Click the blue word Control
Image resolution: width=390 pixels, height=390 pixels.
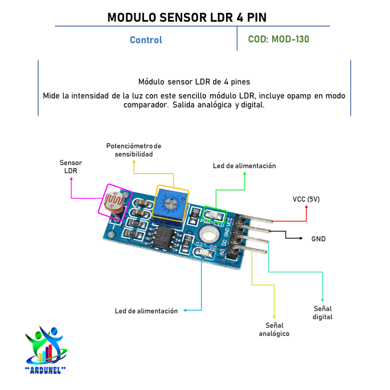pyautogui.click(x=146, y=40)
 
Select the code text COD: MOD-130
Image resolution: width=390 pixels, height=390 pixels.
pyautogui.click(x=278, y=39)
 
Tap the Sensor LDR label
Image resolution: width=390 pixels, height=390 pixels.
pyautogui.click(x=71, y=167)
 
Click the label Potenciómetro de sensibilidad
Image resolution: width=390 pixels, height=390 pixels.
pyautogui.click(x=134, y=150)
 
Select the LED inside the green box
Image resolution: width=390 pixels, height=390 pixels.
pyautogui.click(x=215, y=214)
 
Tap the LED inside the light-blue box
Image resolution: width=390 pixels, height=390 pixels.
pyautogui.click(x=202, y=252)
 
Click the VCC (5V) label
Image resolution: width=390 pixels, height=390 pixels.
pyautogui.click(x=306, y=199)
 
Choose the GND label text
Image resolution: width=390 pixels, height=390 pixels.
pyautogui.click(x=318, y=239)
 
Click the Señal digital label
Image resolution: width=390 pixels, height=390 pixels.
pyautogui.click(x=323, y=313)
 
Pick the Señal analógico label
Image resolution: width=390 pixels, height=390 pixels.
pyautogui.click(x=274, y=330)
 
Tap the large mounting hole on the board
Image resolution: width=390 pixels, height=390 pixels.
pyautogui.click(x=207, y=235)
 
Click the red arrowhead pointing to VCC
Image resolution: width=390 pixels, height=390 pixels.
pyautogui.click(x=307, y=207)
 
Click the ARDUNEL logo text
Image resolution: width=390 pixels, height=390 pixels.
pyautogui.click(x=45, y=369)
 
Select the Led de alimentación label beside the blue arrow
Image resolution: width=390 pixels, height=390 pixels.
pyautogui.click(x=146, y=311)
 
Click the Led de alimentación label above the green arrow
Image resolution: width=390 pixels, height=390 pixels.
pyautogui.click(x=244, y=166)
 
